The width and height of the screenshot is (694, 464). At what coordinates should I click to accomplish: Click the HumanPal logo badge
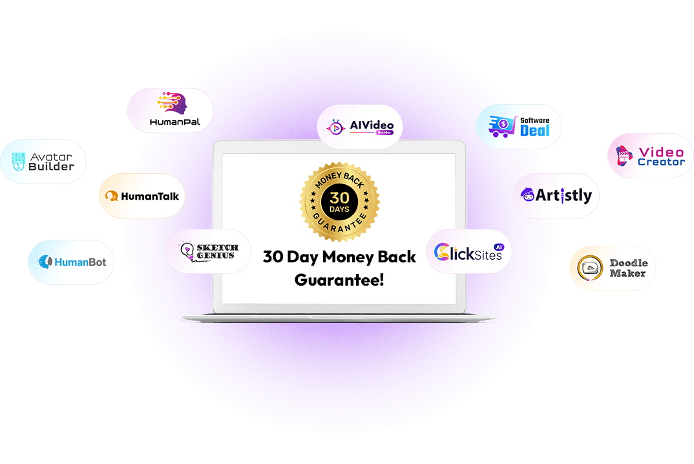coord(170,111)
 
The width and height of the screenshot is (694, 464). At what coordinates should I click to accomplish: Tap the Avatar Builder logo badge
coord(43,162)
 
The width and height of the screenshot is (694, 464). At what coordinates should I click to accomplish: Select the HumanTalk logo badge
coord(142,196)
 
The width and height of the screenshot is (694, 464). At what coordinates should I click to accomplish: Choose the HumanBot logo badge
coord(71,262)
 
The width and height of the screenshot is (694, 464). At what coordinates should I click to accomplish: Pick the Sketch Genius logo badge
coord(207,251)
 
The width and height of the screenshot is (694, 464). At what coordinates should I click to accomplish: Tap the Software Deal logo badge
coord(519,127)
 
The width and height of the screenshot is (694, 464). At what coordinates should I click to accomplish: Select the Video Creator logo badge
coord(651,156)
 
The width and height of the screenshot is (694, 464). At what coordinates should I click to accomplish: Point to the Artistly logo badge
coord(556,195)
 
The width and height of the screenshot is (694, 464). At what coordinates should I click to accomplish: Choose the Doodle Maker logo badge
coord(612,268)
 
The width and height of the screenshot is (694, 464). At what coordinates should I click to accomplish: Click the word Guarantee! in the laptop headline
coord(339,280)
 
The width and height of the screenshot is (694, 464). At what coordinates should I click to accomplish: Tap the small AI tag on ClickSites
coord(498,246)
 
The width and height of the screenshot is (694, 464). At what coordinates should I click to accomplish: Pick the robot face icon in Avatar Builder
coord(19,162)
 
